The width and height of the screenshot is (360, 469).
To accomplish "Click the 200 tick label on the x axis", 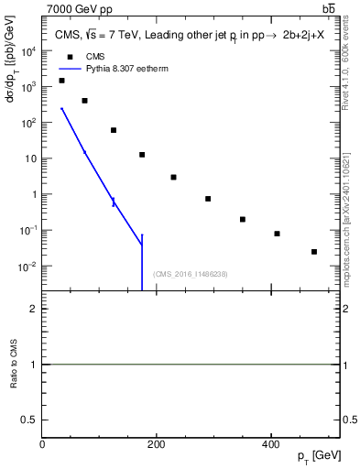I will tap(157, 444).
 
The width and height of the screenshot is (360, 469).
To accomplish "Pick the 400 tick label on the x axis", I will tap(270, 444).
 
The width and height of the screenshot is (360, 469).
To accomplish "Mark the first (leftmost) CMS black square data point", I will tap(61, 81).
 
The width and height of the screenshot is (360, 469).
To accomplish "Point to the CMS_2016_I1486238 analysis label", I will tap(191, 274).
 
